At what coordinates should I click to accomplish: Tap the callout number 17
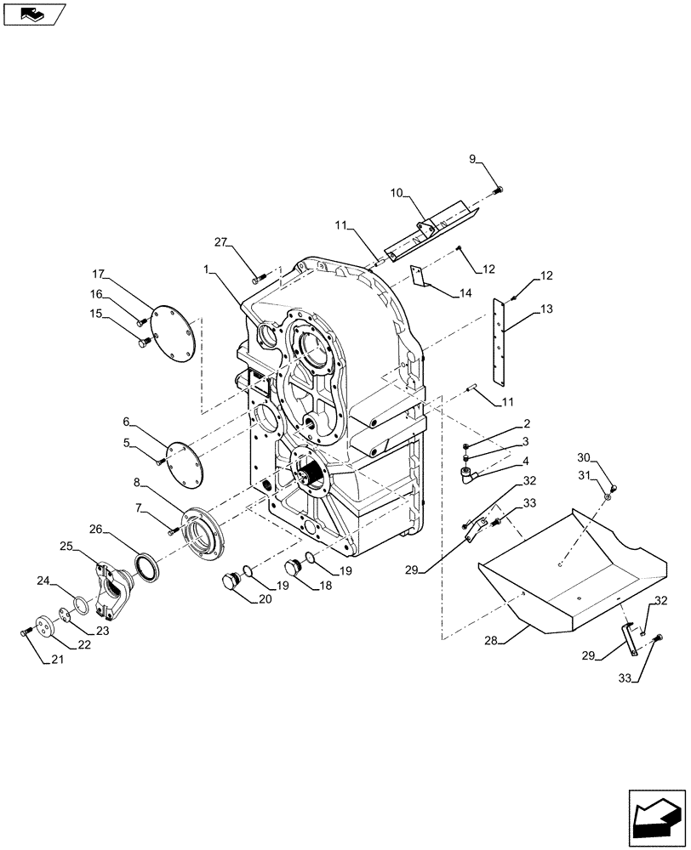(100, 275)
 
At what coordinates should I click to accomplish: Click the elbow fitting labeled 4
(467, 474)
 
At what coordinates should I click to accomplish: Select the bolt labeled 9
(499, 189)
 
